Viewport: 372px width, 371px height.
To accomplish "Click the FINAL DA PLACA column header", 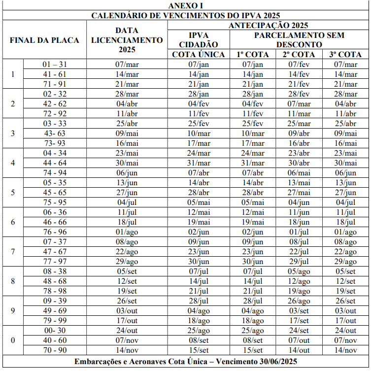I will click(x=44, y=40).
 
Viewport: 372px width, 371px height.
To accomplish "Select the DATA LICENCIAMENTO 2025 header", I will click(x=127, y=40).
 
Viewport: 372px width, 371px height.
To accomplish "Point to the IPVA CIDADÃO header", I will click(x=199, y=40).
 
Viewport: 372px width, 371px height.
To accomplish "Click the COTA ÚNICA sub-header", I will click(x=199, y=55).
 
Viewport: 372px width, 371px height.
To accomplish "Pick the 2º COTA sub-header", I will click(x=299, y=55).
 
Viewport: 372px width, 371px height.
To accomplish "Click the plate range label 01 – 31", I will click(x=54, y=65).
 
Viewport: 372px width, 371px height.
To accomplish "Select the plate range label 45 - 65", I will click(x=55, y=193).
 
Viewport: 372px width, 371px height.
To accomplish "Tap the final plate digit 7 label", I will click(x=13, y=252).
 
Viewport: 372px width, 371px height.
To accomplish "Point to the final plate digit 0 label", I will click(x=13, y=340).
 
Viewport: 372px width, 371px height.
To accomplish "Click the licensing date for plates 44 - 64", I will click(x=127, y=163).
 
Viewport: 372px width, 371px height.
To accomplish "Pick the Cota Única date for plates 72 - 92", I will click(x=199, y=114).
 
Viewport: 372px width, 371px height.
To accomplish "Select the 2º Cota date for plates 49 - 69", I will click(x=299, y=311).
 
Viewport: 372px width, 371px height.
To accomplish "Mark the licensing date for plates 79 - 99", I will click(x=127, y=321).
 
